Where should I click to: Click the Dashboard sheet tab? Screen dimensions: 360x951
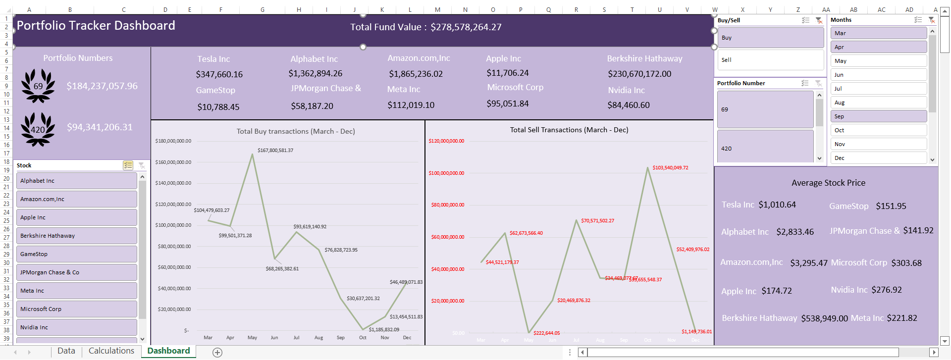[168, 351]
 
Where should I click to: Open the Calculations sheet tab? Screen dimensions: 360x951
[111, 351]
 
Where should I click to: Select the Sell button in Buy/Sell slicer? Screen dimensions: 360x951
[771, 60]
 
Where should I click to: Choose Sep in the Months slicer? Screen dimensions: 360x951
[878, 116]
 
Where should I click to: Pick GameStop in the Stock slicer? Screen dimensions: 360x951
[76, 254]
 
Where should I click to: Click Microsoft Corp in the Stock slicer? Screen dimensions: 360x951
[76, 309]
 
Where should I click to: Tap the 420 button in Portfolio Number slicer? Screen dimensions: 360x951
[765, 148]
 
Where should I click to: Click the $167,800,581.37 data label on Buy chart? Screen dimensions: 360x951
[275, 150]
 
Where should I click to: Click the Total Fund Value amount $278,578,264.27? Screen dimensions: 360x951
[466, 27]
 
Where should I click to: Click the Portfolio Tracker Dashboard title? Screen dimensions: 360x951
[96, 26]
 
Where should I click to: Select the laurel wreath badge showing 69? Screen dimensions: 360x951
[38, 86]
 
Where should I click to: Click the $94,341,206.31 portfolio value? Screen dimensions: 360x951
[100, 127]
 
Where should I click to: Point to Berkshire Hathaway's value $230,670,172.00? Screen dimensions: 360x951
[639, 74]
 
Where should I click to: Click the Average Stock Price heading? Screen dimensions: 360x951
[828, 183]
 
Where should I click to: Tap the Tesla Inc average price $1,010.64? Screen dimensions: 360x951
[777, 205]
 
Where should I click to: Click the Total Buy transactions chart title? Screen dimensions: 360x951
[296, 131]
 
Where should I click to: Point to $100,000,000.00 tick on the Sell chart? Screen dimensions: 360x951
[446, 173]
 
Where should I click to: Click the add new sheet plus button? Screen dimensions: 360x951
[217, 352]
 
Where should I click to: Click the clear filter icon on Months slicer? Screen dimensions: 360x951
[931, 20]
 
